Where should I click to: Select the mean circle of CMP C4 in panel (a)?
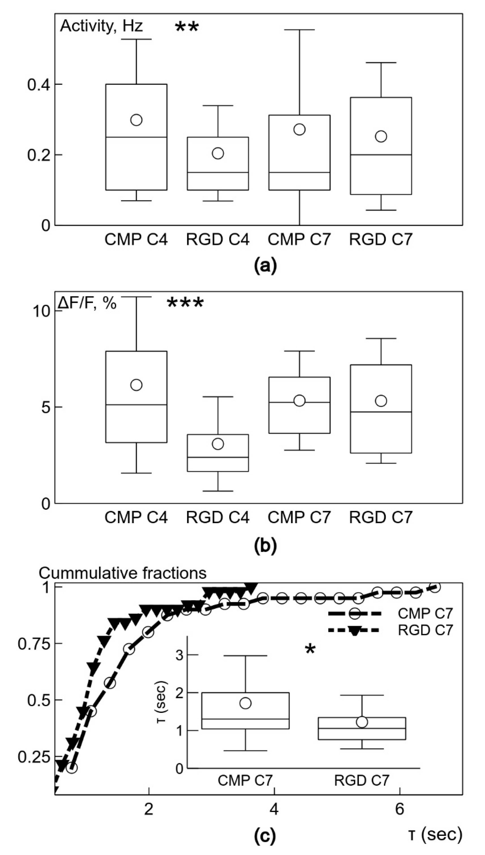(136, 120)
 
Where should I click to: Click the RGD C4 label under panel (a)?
(217, 239)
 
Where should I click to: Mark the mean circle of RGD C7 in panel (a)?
(381, 136)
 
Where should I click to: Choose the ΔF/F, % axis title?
(87, 303)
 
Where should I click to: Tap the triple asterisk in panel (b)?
(185, 303)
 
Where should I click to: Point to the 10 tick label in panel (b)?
(42, 311)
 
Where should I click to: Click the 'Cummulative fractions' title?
(122, 573)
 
